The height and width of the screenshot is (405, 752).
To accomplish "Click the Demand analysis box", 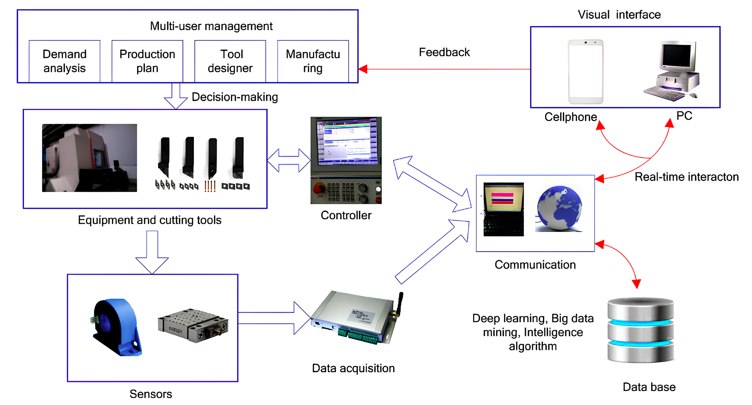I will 65,61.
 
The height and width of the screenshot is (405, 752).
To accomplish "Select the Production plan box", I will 147,61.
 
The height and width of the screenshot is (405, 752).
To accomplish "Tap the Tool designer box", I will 230,61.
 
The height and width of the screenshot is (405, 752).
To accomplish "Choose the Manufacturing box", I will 313,61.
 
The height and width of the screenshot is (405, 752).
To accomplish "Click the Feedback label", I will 444,52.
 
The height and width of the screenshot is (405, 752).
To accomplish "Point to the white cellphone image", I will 586,72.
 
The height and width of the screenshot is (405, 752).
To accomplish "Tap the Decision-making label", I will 235,97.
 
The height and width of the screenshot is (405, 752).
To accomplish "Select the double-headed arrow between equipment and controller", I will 289,160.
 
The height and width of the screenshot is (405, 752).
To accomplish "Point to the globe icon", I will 559,208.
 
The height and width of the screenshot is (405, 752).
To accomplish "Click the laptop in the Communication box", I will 504,209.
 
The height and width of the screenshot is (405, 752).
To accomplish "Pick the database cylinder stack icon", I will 640,330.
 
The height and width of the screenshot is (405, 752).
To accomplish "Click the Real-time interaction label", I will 686,177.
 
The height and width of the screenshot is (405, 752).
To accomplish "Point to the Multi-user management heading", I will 211,26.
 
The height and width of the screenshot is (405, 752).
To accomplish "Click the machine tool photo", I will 89,158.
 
